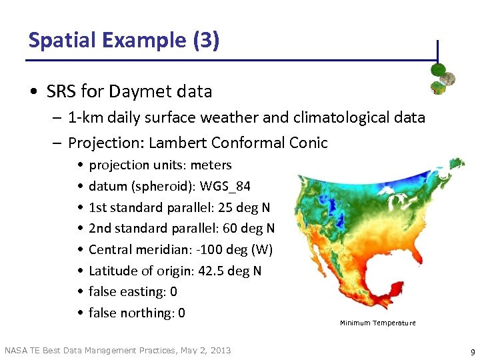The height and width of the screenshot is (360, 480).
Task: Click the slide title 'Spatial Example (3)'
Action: click(x=123, y=40)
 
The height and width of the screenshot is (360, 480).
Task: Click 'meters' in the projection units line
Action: click(x=211, y=165)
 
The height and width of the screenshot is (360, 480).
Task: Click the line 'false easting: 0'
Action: click(x=133, y=291)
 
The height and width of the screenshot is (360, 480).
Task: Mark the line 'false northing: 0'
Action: click(x=137, y=313)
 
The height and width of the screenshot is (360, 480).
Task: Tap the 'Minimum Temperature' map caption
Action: click(x=377, y=323)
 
